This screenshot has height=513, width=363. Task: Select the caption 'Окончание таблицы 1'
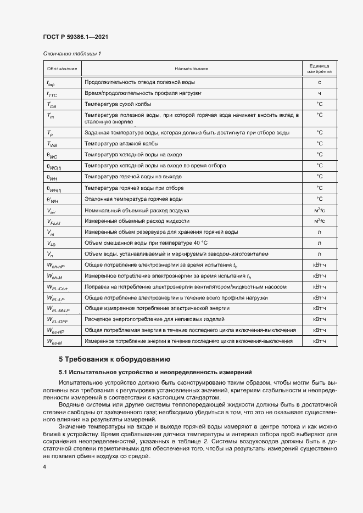[71, 54]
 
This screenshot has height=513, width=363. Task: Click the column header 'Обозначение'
[62, 69]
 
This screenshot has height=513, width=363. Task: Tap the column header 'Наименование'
[191, 69]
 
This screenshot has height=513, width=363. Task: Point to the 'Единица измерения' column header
[319, 69]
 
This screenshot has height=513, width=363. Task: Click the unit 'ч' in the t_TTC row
[319, 94]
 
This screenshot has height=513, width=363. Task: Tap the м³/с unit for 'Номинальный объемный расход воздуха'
[319, 210]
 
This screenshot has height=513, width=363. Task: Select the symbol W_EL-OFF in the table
[58, 320]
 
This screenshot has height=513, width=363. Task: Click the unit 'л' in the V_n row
[319, 253]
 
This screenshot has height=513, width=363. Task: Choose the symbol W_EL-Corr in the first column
[58, 287]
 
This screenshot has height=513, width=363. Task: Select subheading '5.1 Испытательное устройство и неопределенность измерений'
[155, 373]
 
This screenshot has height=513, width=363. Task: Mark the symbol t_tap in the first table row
[51, 83]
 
